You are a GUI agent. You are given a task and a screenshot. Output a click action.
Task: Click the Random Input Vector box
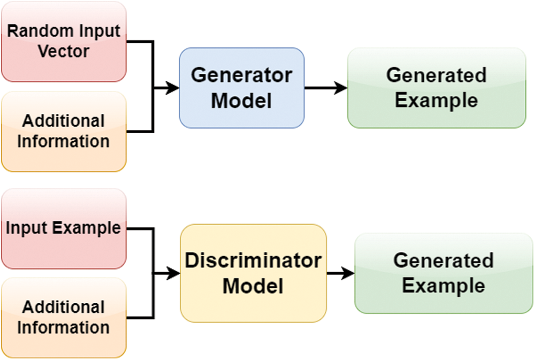(64, 42)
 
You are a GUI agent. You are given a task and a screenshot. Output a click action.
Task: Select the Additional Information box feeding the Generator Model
(64, 132)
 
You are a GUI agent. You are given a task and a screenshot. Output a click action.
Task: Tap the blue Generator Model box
(241, 88)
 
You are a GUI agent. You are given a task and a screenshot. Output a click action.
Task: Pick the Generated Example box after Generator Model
(437, 88)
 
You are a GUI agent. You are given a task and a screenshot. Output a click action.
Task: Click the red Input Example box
(64, 228)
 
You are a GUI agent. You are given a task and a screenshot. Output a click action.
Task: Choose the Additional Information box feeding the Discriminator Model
(64, 317)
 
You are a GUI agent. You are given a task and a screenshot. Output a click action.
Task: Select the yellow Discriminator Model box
(253, 273)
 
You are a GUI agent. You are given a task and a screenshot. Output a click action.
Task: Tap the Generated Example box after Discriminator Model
(444, 273)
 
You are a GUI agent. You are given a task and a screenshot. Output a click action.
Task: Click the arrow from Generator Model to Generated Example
(325, 88)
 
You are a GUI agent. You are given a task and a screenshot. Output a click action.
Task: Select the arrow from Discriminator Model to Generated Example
(340, 273)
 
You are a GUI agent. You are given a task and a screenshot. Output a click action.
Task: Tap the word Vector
(64, 51)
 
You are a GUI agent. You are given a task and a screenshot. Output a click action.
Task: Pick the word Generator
(241, 75)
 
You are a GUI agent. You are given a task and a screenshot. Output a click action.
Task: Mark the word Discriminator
(253, 261)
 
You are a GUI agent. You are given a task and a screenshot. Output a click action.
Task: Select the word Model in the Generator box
(241, 101)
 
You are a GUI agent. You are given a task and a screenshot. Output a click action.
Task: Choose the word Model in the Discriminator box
(253, 286)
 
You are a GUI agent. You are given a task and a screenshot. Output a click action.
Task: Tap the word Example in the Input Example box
(86, 229)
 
